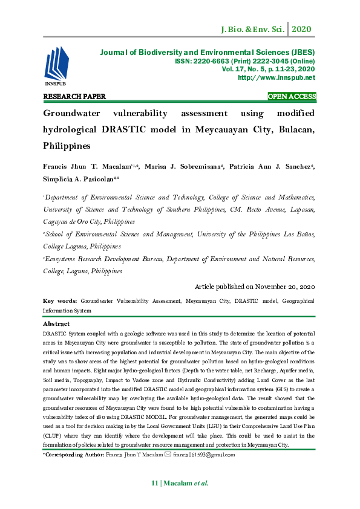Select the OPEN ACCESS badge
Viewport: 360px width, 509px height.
coord(292,97)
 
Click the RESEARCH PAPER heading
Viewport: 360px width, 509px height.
coord(74,97)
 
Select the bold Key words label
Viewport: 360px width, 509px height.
coord(60,301)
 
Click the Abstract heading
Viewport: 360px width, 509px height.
coord(56,324)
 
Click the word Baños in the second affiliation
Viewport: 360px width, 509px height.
coord(306,235)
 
